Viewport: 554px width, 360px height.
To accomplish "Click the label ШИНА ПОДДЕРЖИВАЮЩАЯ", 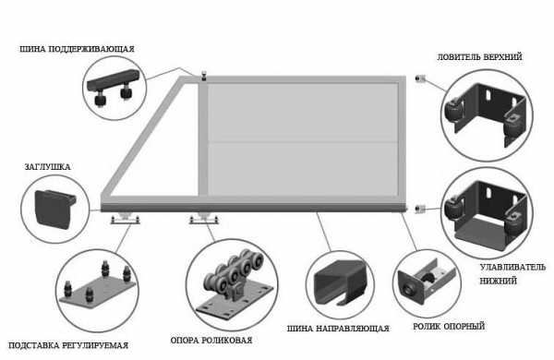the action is pyautogui.click(x=77, y=49).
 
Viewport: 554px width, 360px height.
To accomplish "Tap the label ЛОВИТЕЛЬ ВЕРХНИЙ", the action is pyautogui.click(x=479, y=57).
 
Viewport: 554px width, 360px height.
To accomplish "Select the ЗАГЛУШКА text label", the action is pyautogui.click(x=47, y=167).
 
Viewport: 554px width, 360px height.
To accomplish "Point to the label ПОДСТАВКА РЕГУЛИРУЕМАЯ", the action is pyautogui.click(x=68, y=345).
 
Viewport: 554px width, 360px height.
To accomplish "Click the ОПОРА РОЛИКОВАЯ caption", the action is pyautogui.click(x=211, y=341).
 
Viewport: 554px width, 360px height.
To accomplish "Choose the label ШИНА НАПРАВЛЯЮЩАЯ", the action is pyautogui.click(x=338, y=329).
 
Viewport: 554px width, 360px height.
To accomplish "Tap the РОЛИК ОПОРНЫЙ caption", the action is pyautogui.click(x=449, y=326).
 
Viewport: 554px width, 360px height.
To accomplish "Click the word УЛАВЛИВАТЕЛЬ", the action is pyautogui.click(x=512, y=267).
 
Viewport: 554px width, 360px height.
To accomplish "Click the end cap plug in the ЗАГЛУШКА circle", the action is pyautogui.click(x=54, y=210).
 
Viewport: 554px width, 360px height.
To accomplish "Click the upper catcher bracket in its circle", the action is pyautogui.click(x=486, y=114).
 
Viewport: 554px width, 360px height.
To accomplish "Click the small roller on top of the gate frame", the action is pyautogui.click(x=204, y=76).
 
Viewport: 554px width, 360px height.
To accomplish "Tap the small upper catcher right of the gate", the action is pyautogui.click(x=420, y=78).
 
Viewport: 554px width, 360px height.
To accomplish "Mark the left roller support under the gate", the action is pyautogui.click(x=125, y=219).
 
